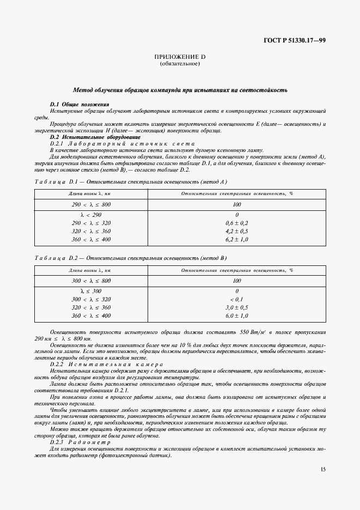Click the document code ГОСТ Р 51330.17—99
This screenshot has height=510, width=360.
point(293,41)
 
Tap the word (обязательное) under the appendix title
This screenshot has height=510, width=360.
point(180,64)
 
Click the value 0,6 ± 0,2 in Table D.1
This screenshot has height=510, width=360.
point(236,223)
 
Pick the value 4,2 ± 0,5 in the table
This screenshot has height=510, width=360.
point(236,232)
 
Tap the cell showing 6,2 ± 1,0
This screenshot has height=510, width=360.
point(236,239)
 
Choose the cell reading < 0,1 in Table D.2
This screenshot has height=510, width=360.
point(236,300)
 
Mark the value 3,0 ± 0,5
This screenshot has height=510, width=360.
point(236,308)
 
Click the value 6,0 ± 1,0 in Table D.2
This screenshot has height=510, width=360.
point(236,315)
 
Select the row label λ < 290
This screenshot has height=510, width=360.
point(90,215)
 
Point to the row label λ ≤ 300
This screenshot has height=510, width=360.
point(90,292)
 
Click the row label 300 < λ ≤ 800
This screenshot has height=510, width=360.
point(90,281)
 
